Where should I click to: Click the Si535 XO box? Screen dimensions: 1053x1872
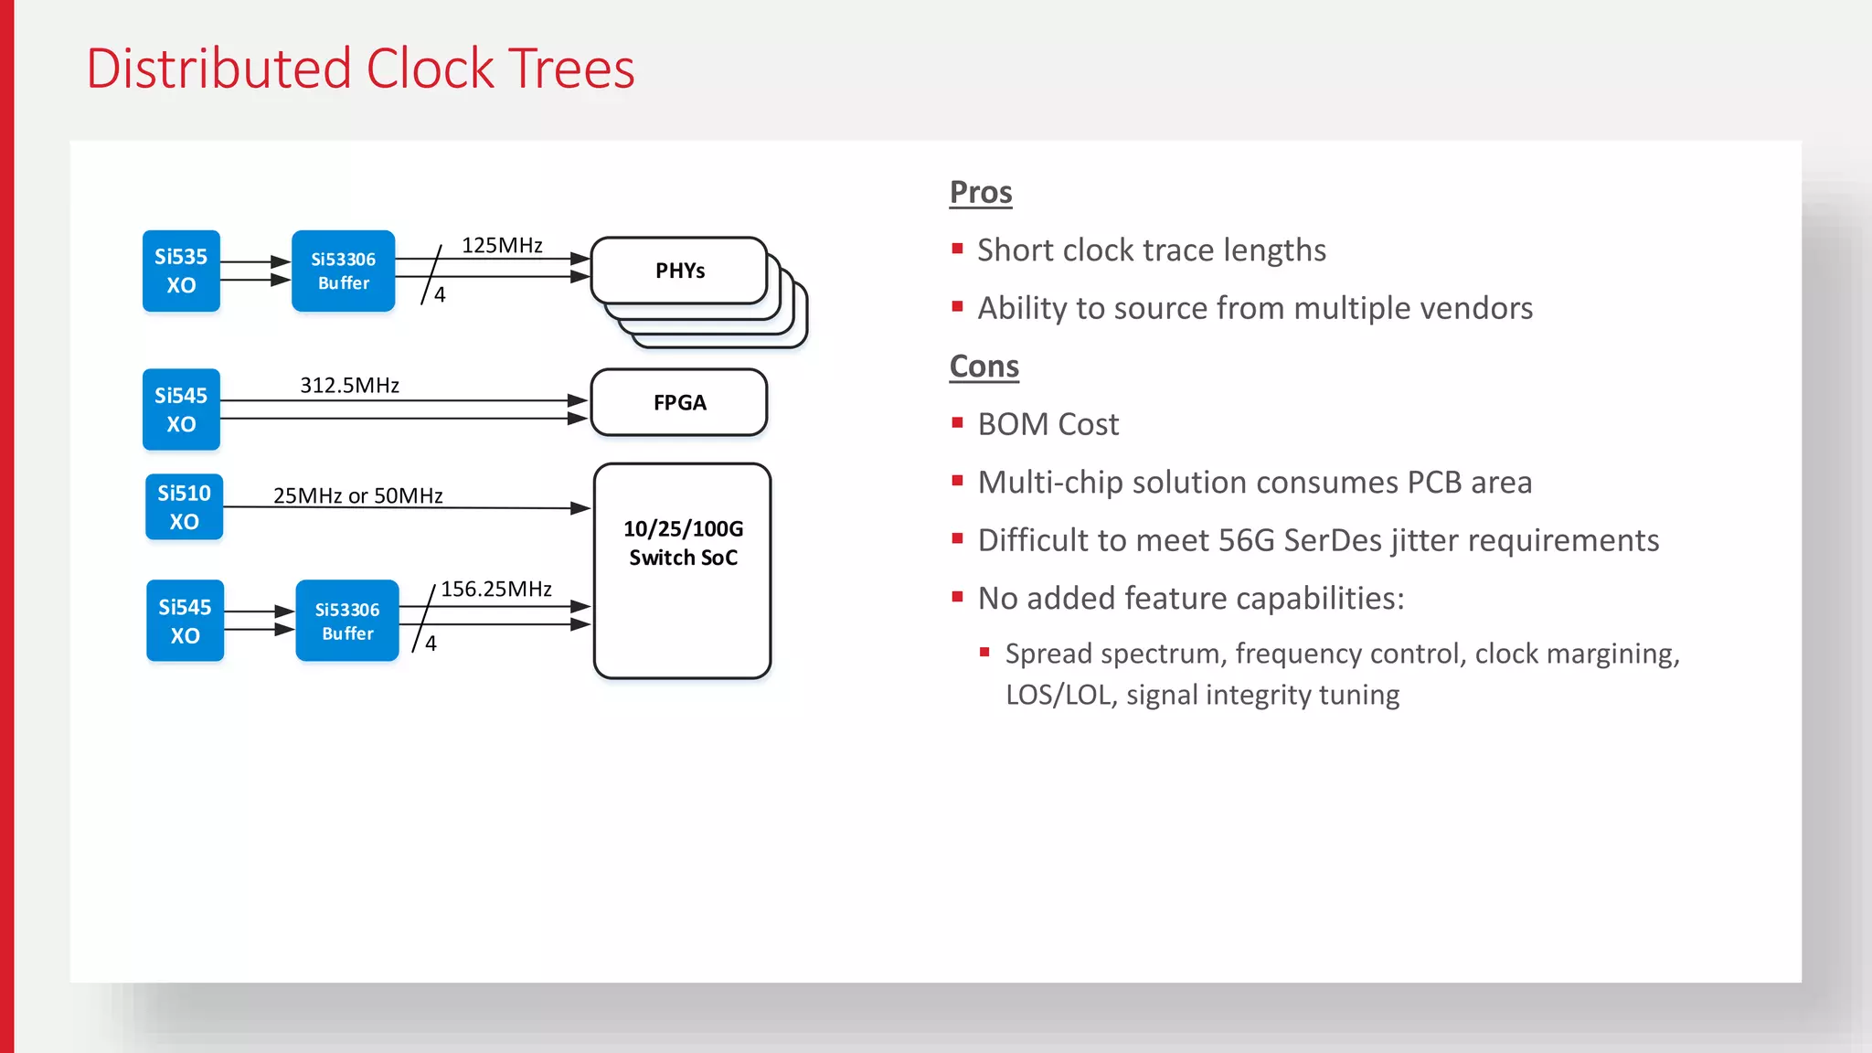pos(181,271)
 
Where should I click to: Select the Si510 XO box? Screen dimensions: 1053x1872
pos(184,507)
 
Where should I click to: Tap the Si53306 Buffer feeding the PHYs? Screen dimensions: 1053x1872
pos(343,271)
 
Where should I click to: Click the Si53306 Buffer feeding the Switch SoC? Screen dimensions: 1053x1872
pos(346,621)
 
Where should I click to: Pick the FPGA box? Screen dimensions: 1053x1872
pos(679,402)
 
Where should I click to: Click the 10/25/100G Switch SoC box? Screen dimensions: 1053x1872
pos(683,571)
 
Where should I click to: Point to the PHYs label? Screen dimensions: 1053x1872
pos(680,271)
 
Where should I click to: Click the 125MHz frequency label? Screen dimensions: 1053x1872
pos(502,245)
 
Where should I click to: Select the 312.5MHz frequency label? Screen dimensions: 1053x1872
pos(349,385)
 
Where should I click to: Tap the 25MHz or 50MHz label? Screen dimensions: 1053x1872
pos(357,495)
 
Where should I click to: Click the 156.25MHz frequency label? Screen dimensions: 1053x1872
pos(496,589)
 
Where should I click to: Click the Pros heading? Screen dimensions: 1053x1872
pos(981,192)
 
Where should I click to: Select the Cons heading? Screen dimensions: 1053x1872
pos(984,366)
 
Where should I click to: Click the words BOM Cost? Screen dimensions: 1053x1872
pos(1048,424)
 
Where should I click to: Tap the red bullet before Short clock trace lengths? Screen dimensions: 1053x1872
pos(957,249)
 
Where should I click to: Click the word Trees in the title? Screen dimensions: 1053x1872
pos(571,69)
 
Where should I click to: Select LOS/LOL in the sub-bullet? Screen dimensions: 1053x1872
pos(1060,695)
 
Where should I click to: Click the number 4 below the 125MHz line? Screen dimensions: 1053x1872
pos(440,294)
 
